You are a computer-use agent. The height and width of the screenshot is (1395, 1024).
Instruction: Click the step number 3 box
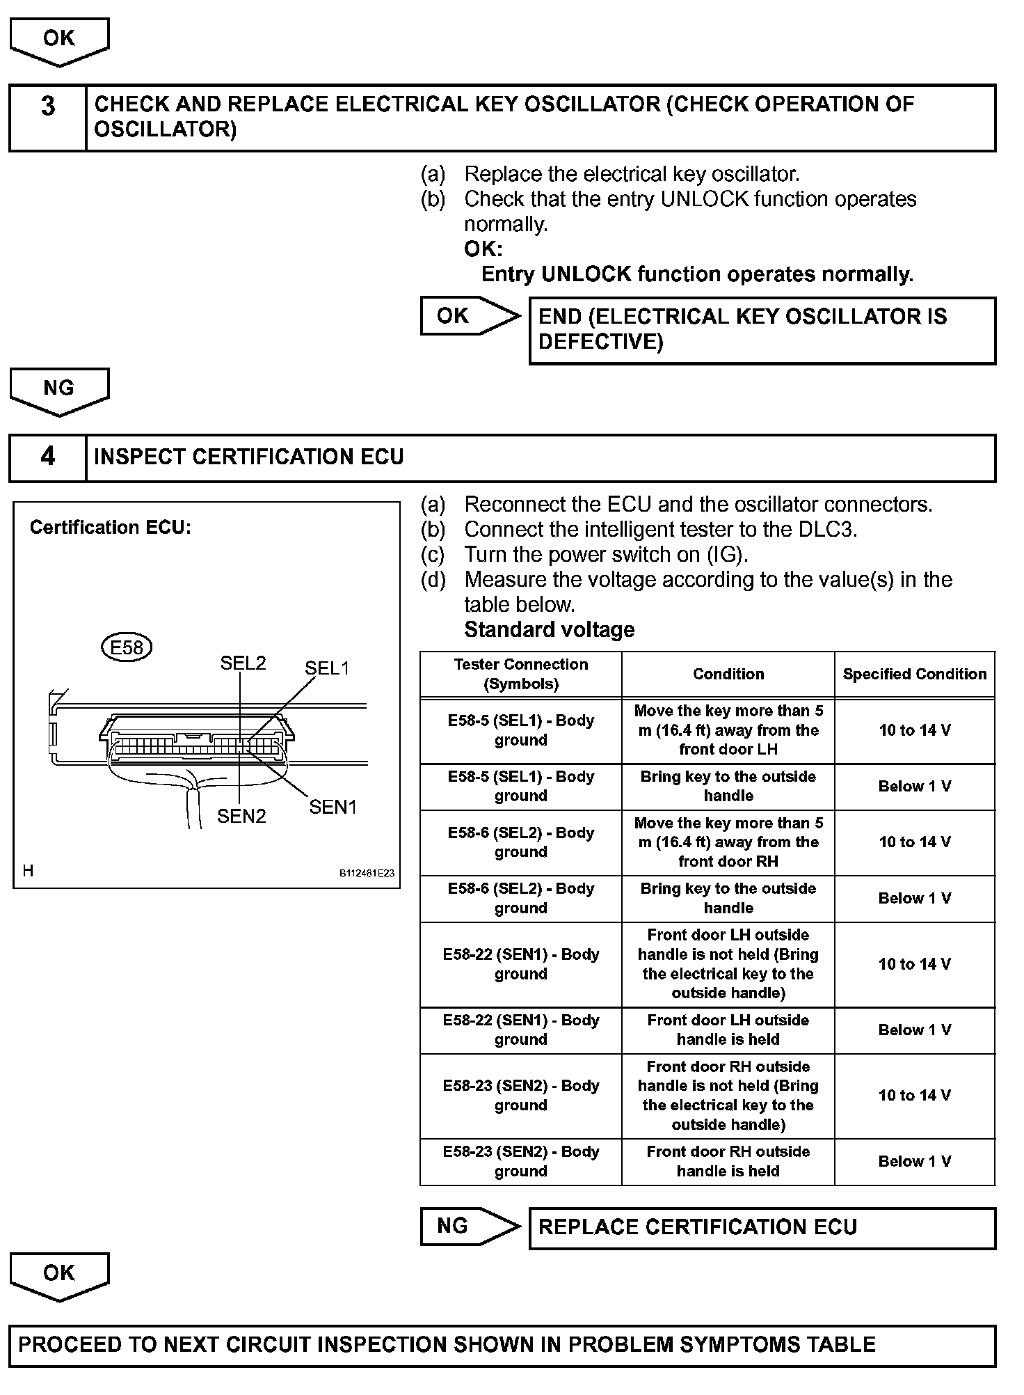click(x=47, y=118)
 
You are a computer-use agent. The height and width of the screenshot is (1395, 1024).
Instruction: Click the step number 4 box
click(x=47, y=457)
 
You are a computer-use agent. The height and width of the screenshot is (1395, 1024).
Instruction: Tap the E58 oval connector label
click(x=127, y=647)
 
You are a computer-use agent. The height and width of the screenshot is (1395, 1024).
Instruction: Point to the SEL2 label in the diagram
click(x=243, y=663)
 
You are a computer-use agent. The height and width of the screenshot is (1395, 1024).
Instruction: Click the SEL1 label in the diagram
click(x=326, y=668)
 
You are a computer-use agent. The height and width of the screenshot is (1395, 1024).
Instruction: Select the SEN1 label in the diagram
click(x=333, y=807)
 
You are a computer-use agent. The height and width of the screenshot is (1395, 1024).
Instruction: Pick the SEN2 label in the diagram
click(x=241, y=816)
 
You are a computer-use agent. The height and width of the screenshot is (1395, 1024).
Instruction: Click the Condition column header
click(x=728, y=674)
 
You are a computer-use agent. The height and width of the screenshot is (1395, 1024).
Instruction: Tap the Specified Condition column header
click(x=914, y=674)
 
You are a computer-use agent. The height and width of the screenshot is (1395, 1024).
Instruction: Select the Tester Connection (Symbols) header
click(x=520, y=674)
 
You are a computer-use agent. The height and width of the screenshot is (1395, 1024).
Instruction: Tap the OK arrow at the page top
click(x=59, y=40)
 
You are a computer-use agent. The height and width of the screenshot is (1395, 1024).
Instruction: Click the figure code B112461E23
click(x=367, y=873)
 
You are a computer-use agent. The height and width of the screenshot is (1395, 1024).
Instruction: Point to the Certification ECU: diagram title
click(x=110, y=528)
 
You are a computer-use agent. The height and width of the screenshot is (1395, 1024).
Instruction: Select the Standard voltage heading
click(x=549, y=629)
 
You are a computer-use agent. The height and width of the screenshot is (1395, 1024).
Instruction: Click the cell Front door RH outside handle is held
click(x=728, y=1162)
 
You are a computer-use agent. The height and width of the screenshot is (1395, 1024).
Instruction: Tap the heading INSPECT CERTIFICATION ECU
click(x=248, y=457)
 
